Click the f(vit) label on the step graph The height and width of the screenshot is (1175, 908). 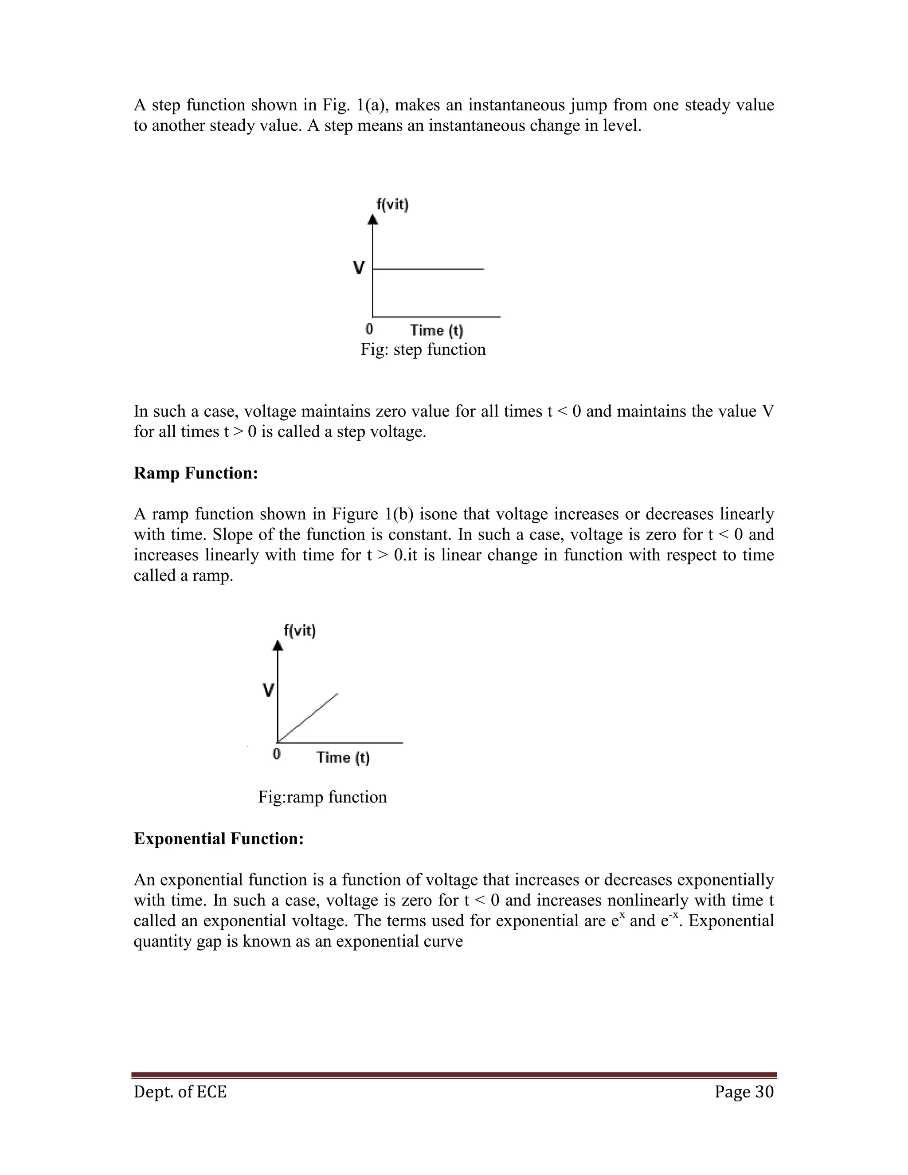pyautogui.click(x=392, y=204)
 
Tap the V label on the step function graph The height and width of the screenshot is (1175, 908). pyautogui.click(x=359, y=267)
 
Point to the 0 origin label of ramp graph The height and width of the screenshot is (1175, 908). pyautogui.click(x=277, y=754)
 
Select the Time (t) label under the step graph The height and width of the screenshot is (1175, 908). pyautogui.click(x=436, y=330)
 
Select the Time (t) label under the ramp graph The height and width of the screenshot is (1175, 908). pyautogui.click(x=343, y=757)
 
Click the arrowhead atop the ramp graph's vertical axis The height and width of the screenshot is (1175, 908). pyautogui.click(x=278, y=645)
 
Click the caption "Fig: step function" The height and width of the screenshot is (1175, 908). pyautogui.click(x=423, y=350)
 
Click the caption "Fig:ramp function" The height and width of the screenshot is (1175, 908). pyautogui.click(x=322, y=797)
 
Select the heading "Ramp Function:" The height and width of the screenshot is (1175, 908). pyautogui.click(x=196, y=474)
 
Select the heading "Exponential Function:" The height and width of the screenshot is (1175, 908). pyautogui.click(x=219, y=839)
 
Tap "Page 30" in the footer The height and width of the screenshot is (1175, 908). pyautogui.click(x=744, y=1092)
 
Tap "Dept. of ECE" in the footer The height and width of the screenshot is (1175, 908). pyautogui.click(x=180, y=1092)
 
